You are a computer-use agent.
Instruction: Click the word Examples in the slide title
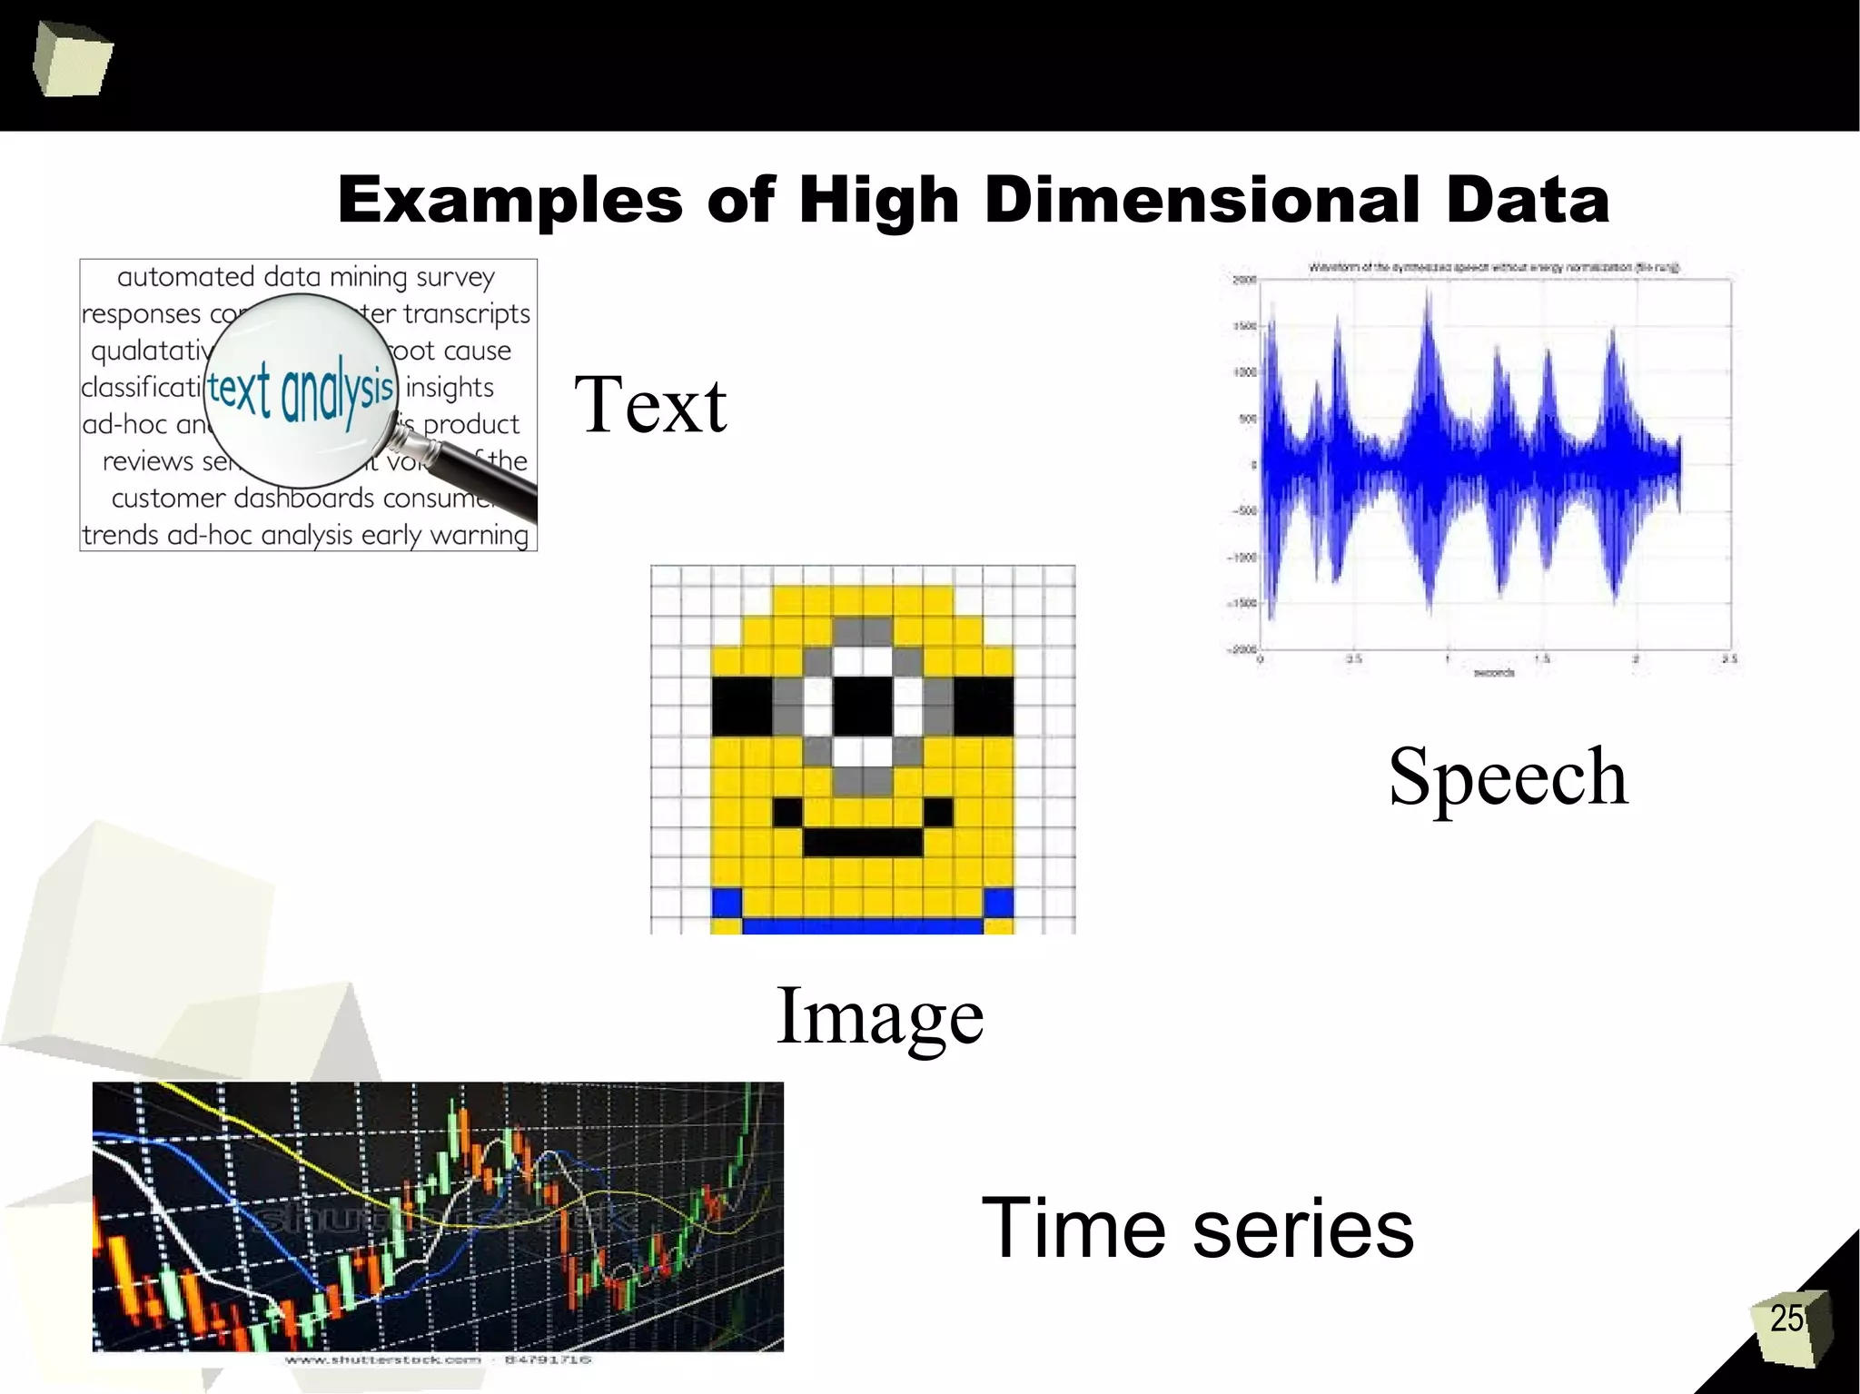(510, 201)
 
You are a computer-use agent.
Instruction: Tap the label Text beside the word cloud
(649, 405)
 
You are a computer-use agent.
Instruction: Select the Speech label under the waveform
(1508, 777)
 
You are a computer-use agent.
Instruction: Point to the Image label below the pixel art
(879, 1016)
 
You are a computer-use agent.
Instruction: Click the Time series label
(1197, 1229)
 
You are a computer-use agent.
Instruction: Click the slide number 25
(1786, 1319)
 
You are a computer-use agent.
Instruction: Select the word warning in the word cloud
(479, 535)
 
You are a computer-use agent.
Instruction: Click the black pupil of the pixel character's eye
(863, 706)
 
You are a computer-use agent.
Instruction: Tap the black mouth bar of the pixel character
(863, 842)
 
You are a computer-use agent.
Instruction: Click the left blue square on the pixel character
(727, 903)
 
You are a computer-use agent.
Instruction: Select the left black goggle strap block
(741, 706)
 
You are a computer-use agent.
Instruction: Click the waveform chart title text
(1493, 268)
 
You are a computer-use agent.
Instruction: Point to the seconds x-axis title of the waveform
(1493, 673)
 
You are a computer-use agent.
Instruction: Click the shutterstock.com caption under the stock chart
(382, 1359)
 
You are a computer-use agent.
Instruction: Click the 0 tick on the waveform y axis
(1253, 465)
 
